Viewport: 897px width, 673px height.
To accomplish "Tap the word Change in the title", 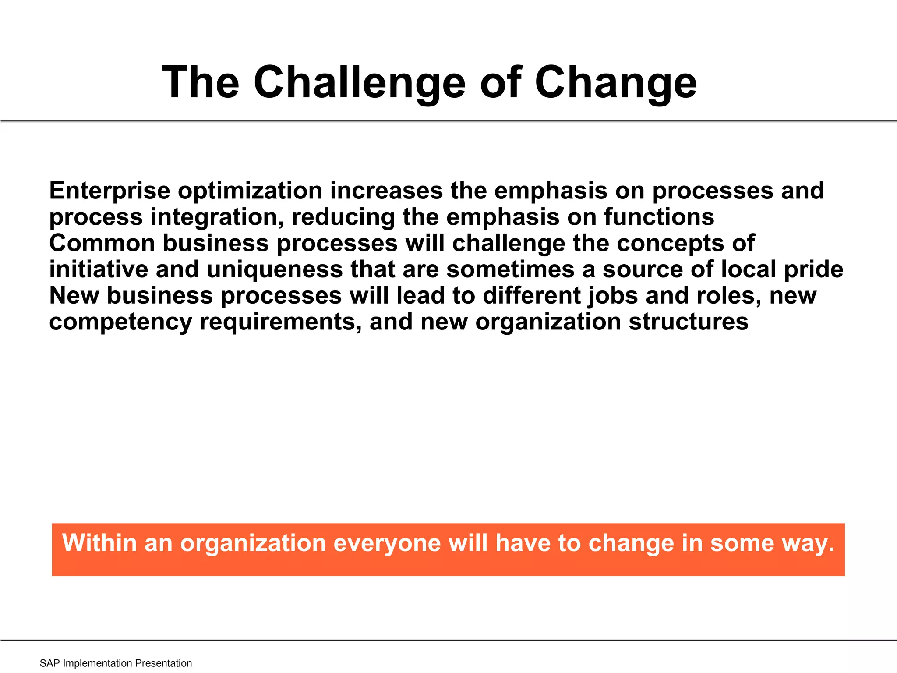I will [x=615, y=82].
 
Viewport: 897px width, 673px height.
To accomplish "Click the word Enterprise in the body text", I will [x=109, y=191].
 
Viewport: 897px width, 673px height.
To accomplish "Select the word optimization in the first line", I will [x=250, y=191].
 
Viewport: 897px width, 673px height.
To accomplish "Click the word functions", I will [x=659, y=217].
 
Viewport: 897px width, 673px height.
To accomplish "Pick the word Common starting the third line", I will [x=102, y=243].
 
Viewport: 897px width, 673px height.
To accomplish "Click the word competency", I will [x=120, y=322].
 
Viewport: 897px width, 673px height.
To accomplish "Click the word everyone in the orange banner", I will [x=387, y=543].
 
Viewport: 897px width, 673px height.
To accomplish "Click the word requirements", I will [x=280, y=322].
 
